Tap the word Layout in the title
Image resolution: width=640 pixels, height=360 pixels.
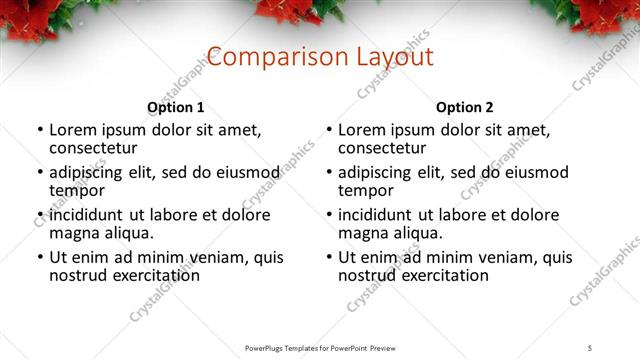click(391, 56)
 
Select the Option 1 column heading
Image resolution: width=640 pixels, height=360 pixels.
click(176, 107)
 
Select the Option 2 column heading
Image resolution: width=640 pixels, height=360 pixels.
click(465, 107)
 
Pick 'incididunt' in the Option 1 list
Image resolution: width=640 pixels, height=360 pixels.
click(87, 215)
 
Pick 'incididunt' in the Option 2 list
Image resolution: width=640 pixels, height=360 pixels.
click(376, 215)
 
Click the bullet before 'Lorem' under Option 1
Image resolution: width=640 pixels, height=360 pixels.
click(39, 131)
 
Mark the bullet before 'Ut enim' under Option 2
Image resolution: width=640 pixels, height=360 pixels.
click(328, 258)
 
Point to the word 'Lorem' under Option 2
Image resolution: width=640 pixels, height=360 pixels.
click(362, 130)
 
